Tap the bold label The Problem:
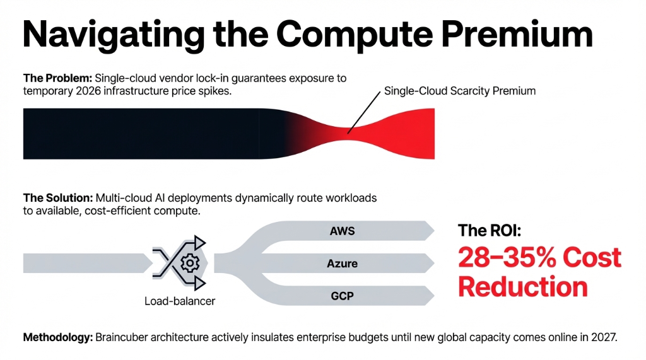pos(57,79)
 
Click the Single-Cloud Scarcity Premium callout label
pos(460,91)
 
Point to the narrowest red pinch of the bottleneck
pos(349,133)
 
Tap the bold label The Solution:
pos(58,198)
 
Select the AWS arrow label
pos(342,231)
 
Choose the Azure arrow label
pos(342,263)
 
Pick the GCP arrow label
pos(342,295)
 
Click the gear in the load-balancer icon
pos(187,263)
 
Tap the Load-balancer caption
pos(180,301)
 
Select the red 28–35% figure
pos(510,258)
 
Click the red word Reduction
pos(522,287)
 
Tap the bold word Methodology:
pos(57,337)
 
